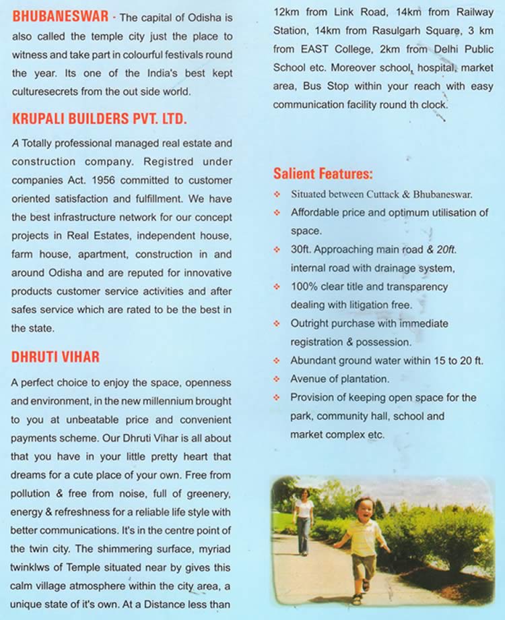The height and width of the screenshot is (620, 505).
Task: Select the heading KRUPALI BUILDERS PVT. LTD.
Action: click(99, 119)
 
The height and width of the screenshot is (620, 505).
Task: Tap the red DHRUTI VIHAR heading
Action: click(55, 357)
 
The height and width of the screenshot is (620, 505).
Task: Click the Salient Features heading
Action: click(323, 174)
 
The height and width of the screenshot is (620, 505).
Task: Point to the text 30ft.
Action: click(301, 249)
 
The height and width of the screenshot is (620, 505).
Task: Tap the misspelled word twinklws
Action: click(33, 566)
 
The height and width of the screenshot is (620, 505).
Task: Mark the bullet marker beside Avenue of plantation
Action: click(277, 379)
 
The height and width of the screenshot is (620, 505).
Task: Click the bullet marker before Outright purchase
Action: click(277, 324)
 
